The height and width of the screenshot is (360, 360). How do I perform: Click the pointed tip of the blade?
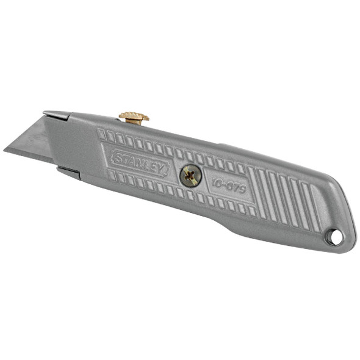click(x=5, y=150)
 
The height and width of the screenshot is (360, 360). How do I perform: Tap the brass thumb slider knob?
click(x=134, y=117)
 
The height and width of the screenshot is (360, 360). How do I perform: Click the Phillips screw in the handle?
click(x=190, y=176)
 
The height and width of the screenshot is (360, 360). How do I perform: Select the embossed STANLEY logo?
click(x=139, y=163)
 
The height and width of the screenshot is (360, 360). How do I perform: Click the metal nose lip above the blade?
click(x=56, y=114)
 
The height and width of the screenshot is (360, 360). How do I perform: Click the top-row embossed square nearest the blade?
click(x=101, y=134)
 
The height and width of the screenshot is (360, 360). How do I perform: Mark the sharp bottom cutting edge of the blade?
click(x=31, y=157)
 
